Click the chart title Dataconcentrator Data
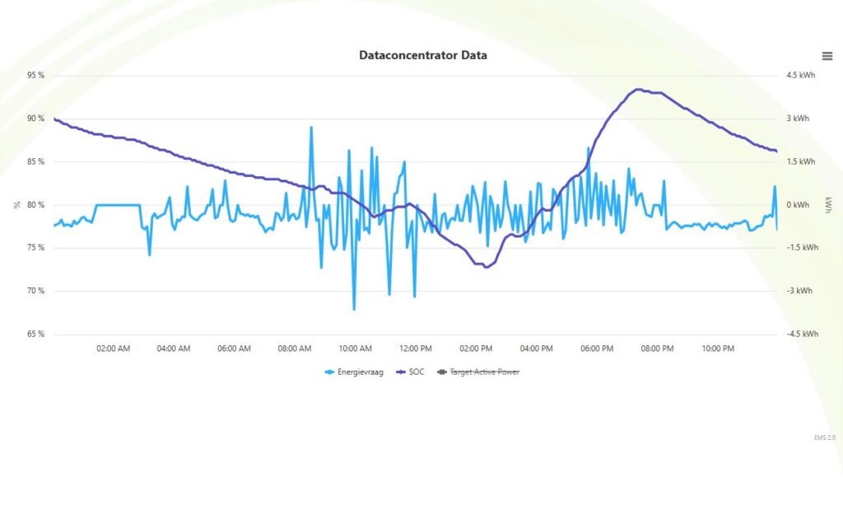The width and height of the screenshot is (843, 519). point(422,56)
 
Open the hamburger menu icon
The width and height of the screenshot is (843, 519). point(827,56)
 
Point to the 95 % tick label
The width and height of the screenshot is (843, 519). point(35,76)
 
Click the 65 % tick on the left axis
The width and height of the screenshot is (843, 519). point(35,334)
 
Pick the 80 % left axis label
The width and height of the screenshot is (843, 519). point(35,205)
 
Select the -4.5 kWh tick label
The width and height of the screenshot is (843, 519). point(803,334)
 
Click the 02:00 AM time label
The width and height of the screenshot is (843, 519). point(113,349)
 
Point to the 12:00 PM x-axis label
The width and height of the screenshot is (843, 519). point(415,349)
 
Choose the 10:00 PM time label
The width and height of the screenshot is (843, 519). point(717,349)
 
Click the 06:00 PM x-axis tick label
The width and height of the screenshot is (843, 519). point(596,349)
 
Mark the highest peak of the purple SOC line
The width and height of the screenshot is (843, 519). point(637,89)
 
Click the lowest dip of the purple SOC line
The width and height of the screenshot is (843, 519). point(486,267)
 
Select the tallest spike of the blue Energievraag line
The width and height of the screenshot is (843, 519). point(311,128)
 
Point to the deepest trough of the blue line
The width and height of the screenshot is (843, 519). point(354,309)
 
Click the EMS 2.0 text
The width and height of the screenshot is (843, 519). point(824,437)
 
